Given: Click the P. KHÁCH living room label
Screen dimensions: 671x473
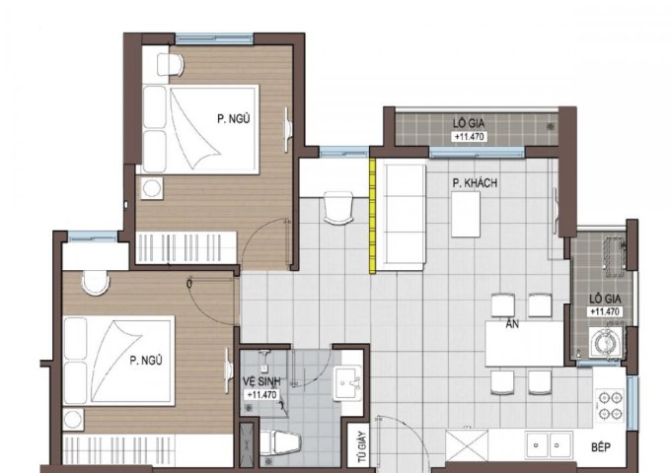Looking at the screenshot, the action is coord(475,183).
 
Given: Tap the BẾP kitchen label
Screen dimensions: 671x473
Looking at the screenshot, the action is coord(601,447).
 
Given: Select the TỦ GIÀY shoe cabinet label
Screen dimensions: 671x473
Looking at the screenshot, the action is coord(362,447).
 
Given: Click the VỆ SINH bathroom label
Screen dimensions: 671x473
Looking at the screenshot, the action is coord(261,381).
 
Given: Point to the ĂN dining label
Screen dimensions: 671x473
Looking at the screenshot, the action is coord(512,324).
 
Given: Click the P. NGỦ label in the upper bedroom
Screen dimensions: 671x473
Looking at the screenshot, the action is coord(233,119).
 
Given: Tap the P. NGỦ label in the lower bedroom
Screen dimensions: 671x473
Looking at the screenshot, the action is coord(146,361).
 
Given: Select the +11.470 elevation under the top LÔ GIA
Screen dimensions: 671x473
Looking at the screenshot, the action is coord(469,137).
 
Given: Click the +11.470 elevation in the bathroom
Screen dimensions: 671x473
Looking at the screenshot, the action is coord(261,395).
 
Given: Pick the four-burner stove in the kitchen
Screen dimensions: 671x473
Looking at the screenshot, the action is coord(610,405).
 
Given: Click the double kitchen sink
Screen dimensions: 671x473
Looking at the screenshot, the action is coord(549,444).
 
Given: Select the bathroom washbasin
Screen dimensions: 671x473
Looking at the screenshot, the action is coord(348,383).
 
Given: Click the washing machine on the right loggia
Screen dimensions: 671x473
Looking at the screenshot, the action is coord(606,341).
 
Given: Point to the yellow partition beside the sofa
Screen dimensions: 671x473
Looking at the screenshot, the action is coord(372,215).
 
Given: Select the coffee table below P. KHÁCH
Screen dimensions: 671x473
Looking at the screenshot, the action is coord(466,214).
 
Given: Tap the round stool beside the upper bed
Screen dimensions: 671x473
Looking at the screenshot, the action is coord(151,188).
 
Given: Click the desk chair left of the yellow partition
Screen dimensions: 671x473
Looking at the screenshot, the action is coord(338,208).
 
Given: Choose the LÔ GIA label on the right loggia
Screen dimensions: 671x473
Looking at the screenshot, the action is coord(605,299).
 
